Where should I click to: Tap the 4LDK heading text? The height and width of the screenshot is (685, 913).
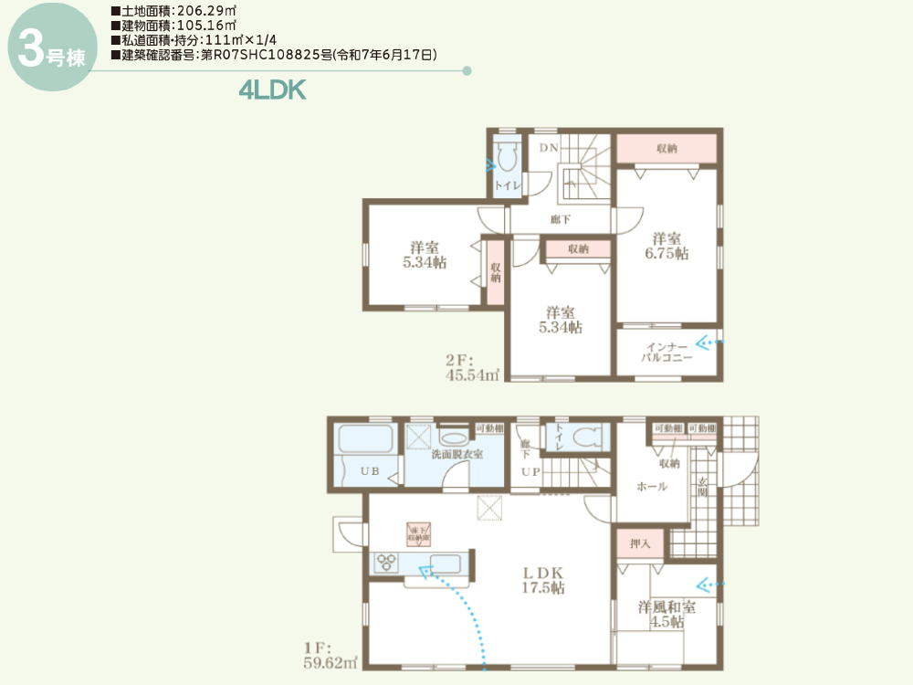(x=271, y=91)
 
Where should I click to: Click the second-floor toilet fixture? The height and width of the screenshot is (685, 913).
(x=507, y=156)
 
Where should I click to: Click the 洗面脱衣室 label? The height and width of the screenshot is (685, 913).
(x=456, y=454)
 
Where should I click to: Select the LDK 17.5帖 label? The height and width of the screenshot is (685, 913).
(x=542, y=581)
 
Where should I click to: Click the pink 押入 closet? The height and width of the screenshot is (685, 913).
(x=640, y=543)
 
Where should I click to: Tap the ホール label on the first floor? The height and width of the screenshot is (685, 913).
(x=652, y=487)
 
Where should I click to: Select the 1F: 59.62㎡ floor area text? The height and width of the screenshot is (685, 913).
(x=331, y=656)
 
